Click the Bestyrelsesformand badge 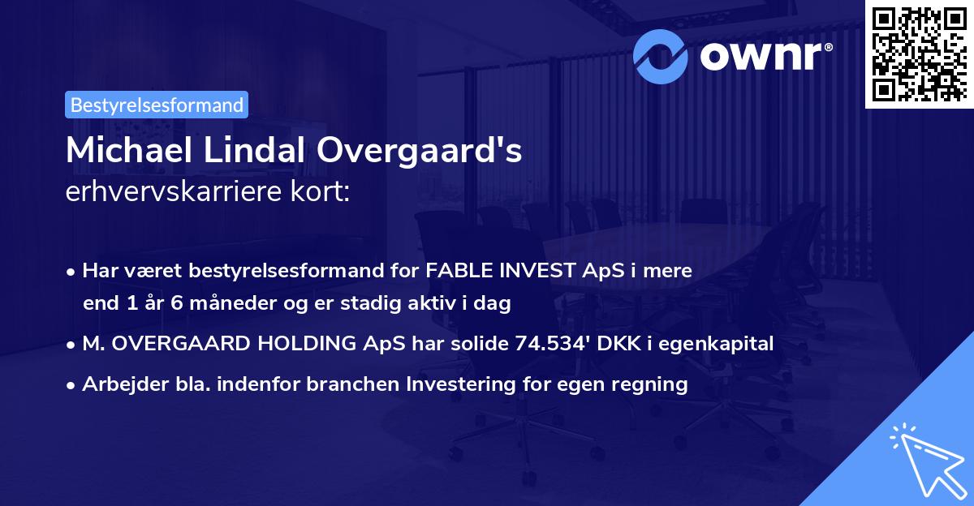(x=157, y=105)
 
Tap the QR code (x=919, y=53)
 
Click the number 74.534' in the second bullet (x=553, y=344)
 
